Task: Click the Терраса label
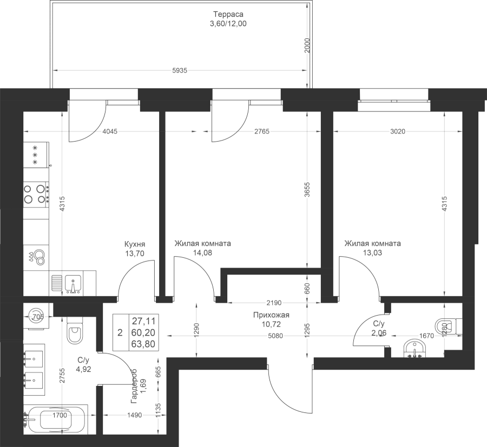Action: pyautogui.click(x=228, y=14)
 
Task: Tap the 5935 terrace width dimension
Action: pyautogui.click(x=180, y=71)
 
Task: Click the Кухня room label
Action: pyautogui.click(x=135, y=244)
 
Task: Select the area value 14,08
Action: pyautogui.click(x=202, y=253)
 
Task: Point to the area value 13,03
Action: pyautogui.click(x=372, y=253)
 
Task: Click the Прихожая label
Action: pyautogui.click(x=271, y=315)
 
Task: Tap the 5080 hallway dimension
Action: pyautogui.click(x=275, y=336)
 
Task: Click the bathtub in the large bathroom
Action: pyautogui.click(x=56, y=419)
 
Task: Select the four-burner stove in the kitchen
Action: pyautogui.click(x=36, y=195)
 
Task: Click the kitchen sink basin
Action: pyautogui.click(x=73, y=284)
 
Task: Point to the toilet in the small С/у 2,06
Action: pyautogui.click(x=449, y=326)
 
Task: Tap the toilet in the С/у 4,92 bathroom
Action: pyautogui.click(x=75, y=331)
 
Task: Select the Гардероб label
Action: pyautogui.click(x=134, y=386)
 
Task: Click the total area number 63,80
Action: pyautogui.click(x=143, y=344)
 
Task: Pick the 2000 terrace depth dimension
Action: pyautogui.click(x=307, y=45)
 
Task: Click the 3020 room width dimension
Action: pyautogui.click(x=398, y=131)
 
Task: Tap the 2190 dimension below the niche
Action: pyautogui.click(x=274, y=303)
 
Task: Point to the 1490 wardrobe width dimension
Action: pyautogui.click(x=135, y=415)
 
